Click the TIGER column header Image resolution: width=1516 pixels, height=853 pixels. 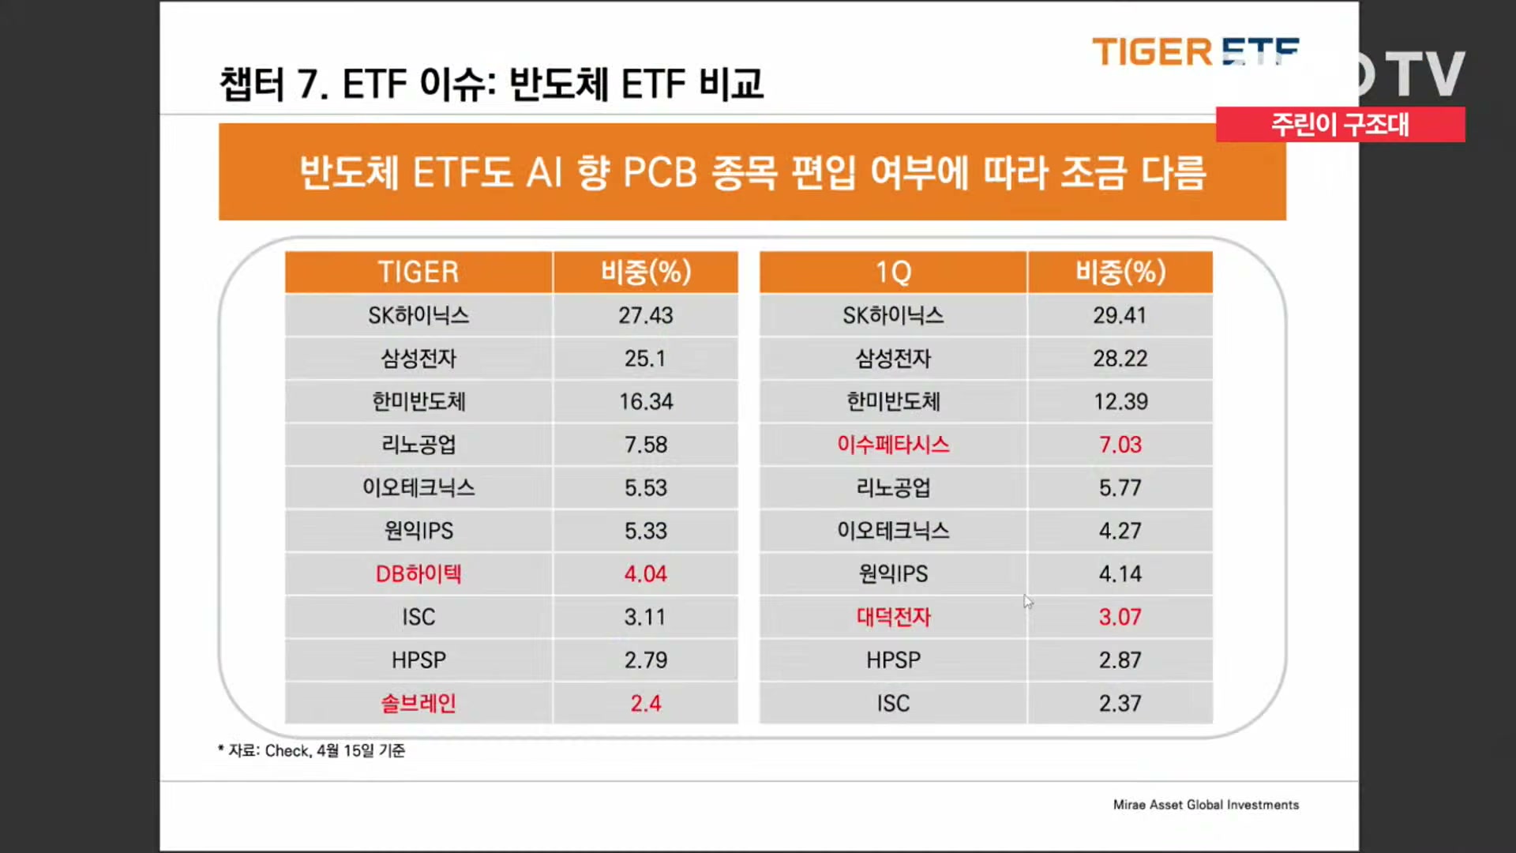418,272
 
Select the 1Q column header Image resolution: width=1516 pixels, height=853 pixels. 893,272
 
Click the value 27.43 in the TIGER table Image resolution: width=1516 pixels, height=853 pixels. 645,316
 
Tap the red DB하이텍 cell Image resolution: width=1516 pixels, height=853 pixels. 418,574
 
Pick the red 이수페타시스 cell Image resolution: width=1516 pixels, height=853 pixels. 893,445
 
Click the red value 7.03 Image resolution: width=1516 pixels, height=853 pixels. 1120,445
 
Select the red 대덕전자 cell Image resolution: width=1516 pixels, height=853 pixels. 893,617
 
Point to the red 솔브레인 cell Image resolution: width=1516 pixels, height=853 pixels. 418,703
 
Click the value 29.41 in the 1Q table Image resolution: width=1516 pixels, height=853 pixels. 1120,316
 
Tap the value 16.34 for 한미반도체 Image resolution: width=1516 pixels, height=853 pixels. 645,402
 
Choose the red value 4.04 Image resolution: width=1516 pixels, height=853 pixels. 645,574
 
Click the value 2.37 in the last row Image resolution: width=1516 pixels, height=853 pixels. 1120,703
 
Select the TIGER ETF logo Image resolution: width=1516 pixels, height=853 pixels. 1195,52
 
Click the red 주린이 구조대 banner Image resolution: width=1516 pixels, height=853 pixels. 1340,125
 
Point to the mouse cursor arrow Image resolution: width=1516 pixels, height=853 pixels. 1027,602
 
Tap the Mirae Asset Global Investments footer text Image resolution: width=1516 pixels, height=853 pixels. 1206,805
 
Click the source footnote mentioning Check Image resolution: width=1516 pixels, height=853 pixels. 312,750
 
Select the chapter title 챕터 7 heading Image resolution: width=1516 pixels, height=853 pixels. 491,84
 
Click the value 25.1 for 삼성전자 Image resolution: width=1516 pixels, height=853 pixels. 645,359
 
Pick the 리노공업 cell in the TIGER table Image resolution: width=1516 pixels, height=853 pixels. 418,445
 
